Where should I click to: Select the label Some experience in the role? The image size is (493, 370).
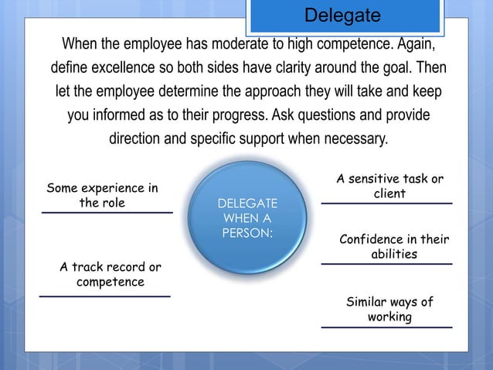pyautogui.click(x=103, y=196)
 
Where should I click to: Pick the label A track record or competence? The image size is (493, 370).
pyautogui.click(x=110, y=275)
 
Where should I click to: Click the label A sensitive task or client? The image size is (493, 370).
pyautogui.click(x=389, y=187)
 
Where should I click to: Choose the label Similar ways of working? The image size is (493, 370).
pyautogui.click(x=389, y=310)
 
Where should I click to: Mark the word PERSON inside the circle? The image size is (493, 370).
pyautogui.click(x=247, y=232)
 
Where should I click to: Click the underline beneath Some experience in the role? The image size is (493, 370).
pyautogui.click(x=107, y=212)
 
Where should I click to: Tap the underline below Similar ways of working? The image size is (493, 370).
pyautogui.click(x=386, y=327)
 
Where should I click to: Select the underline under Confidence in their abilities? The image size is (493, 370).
pyautogui.click(x=386, y=264)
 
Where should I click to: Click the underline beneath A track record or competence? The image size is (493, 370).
pyautogui.click(x=104, y=296)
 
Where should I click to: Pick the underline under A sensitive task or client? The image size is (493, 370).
pyautogui.click(x=386, y=204)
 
